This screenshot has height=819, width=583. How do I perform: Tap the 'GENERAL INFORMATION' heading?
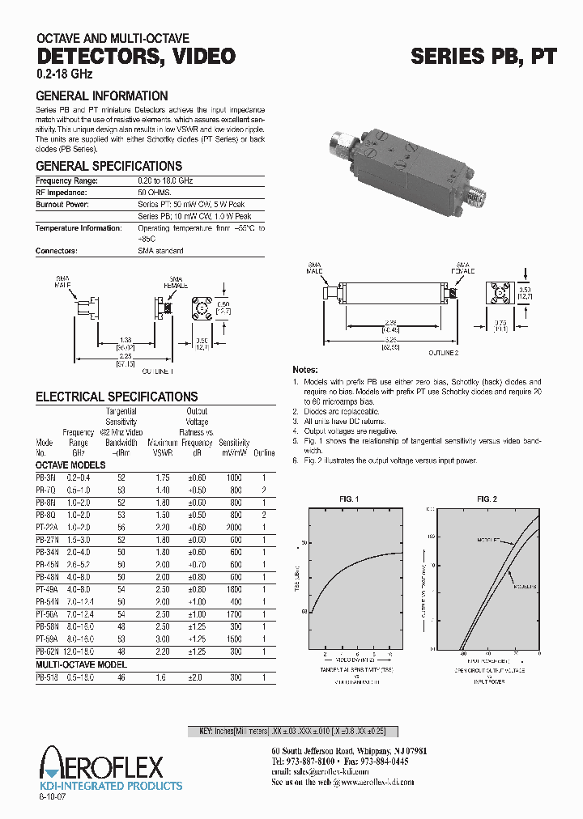tap(101, 95)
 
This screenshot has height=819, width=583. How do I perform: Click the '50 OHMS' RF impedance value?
tap(154, 193)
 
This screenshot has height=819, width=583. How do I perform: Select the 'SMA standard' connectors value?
tap(160, 251)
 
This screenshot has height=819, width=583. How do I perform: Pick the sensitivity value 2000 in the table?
tap(234, 527)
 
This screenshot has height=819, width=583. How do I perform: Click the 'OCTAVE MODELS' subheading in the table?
tap(70, 465)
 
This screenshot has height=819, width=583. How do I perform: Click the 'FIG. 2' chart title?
tap(487, 499)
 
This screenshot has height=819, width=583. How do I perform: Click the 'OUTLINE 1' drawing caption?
tap(158, 371)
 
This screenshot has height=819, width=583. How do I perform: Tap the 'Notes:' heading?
tap(305, 368)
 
